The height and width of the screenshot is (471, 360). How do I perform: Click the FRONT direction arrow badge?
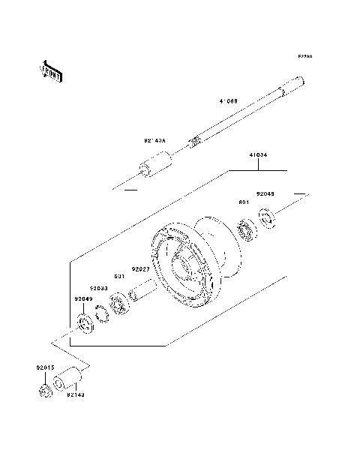coord(51,70)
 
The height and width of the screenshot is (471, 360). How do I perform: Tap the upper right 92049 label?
coord(266,193)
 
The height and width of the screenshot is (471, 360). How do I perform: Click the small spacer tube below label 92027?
coord(143,290)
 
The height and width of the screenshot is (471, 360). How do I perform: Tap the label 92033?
coord(99,287)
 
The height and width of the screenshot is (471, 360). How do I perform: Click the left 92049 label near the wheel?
coord(83,298)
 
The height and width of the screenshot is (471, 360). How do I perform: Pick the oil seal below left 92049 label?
coord(86,326)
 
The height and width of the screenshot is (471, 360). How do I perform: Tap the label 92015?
coord(45,367)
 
